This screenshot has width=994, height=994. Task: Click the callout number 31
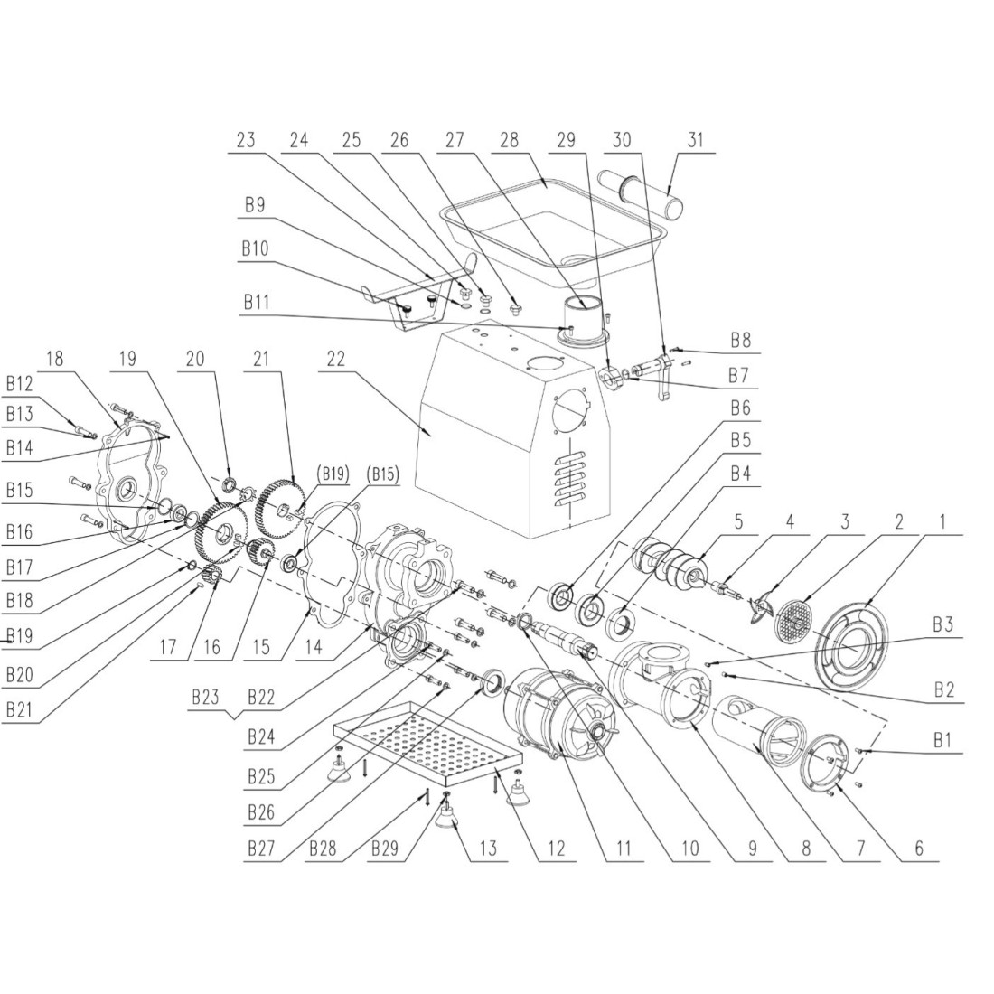[x=694, y=141]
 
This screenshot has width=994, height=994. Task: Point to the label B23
[x=205, y=698]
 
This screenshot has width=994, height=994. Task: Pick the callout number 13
[x=488, y=849]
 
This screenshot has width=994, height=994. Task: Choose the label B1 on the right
[x=942, y=739]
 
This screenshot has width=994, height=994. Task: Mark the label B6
[x=740, y=408]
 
